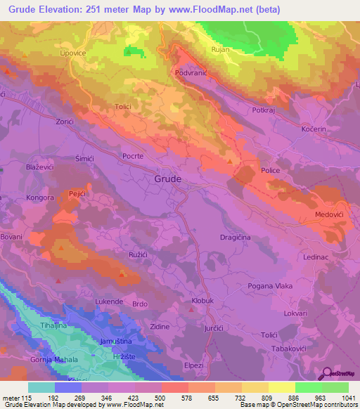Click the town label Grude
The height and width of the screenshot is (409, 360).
click(167, 179)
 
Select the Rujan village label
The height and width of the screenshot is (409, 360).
click(221, 50)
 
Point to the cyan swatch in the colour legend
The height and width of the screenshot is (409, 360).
click(41, 387)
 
